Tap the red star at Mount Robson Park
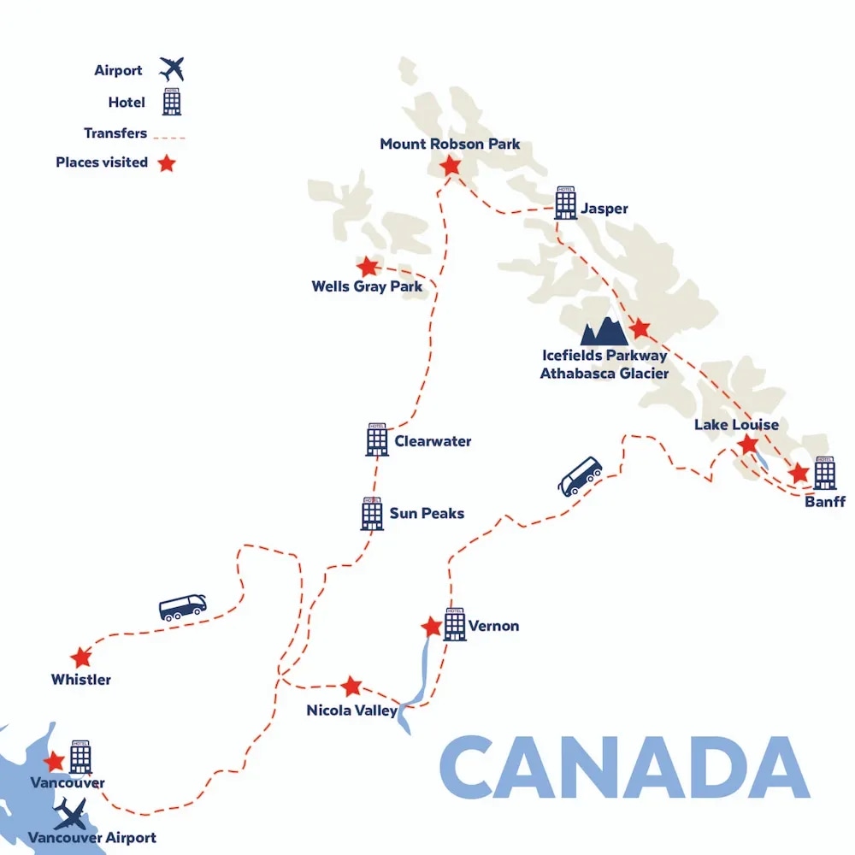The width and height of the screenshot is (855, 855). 451,166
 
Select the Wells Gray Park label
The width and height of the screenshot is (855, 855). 367,287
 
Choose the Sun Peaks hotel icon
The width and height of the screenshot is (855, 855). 372,513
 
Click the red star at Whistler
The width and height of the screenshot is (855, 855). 81,657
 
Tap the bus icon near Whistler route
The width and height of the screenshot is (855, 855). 183,607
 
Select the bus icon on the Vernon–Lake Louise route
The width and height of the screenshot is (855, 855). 580,475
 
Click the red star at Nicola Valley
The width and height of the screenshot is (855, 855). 351,686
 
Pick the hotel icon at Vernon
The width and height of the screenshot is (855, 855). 455,624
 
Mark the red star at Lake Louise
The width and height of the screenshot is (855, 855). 748,444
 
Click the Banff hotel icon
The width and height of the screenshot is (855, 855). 824,473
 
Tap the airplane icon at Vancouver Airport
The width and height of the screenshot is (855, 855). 70,814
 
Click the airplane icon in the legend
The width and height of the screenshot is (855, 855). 172,68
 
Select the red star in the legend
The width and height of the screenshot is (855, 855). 166,162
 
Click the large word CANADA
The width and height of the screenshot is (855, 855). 624,767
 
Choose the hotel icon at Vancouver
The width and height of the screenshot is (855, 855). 80,757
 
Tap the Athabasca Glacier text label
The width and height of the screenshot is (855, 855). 604,374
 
